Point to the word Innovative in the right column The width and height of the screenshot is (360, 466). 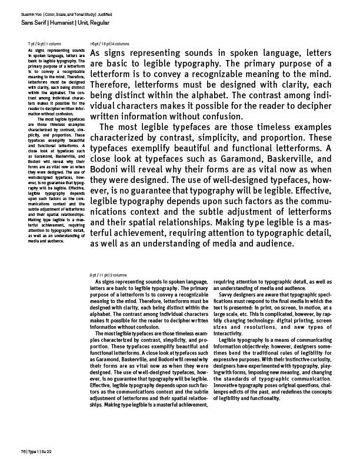(x=228, y=378)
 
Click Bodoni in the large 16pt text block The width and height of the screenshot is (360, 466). (x=108, y=170)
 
